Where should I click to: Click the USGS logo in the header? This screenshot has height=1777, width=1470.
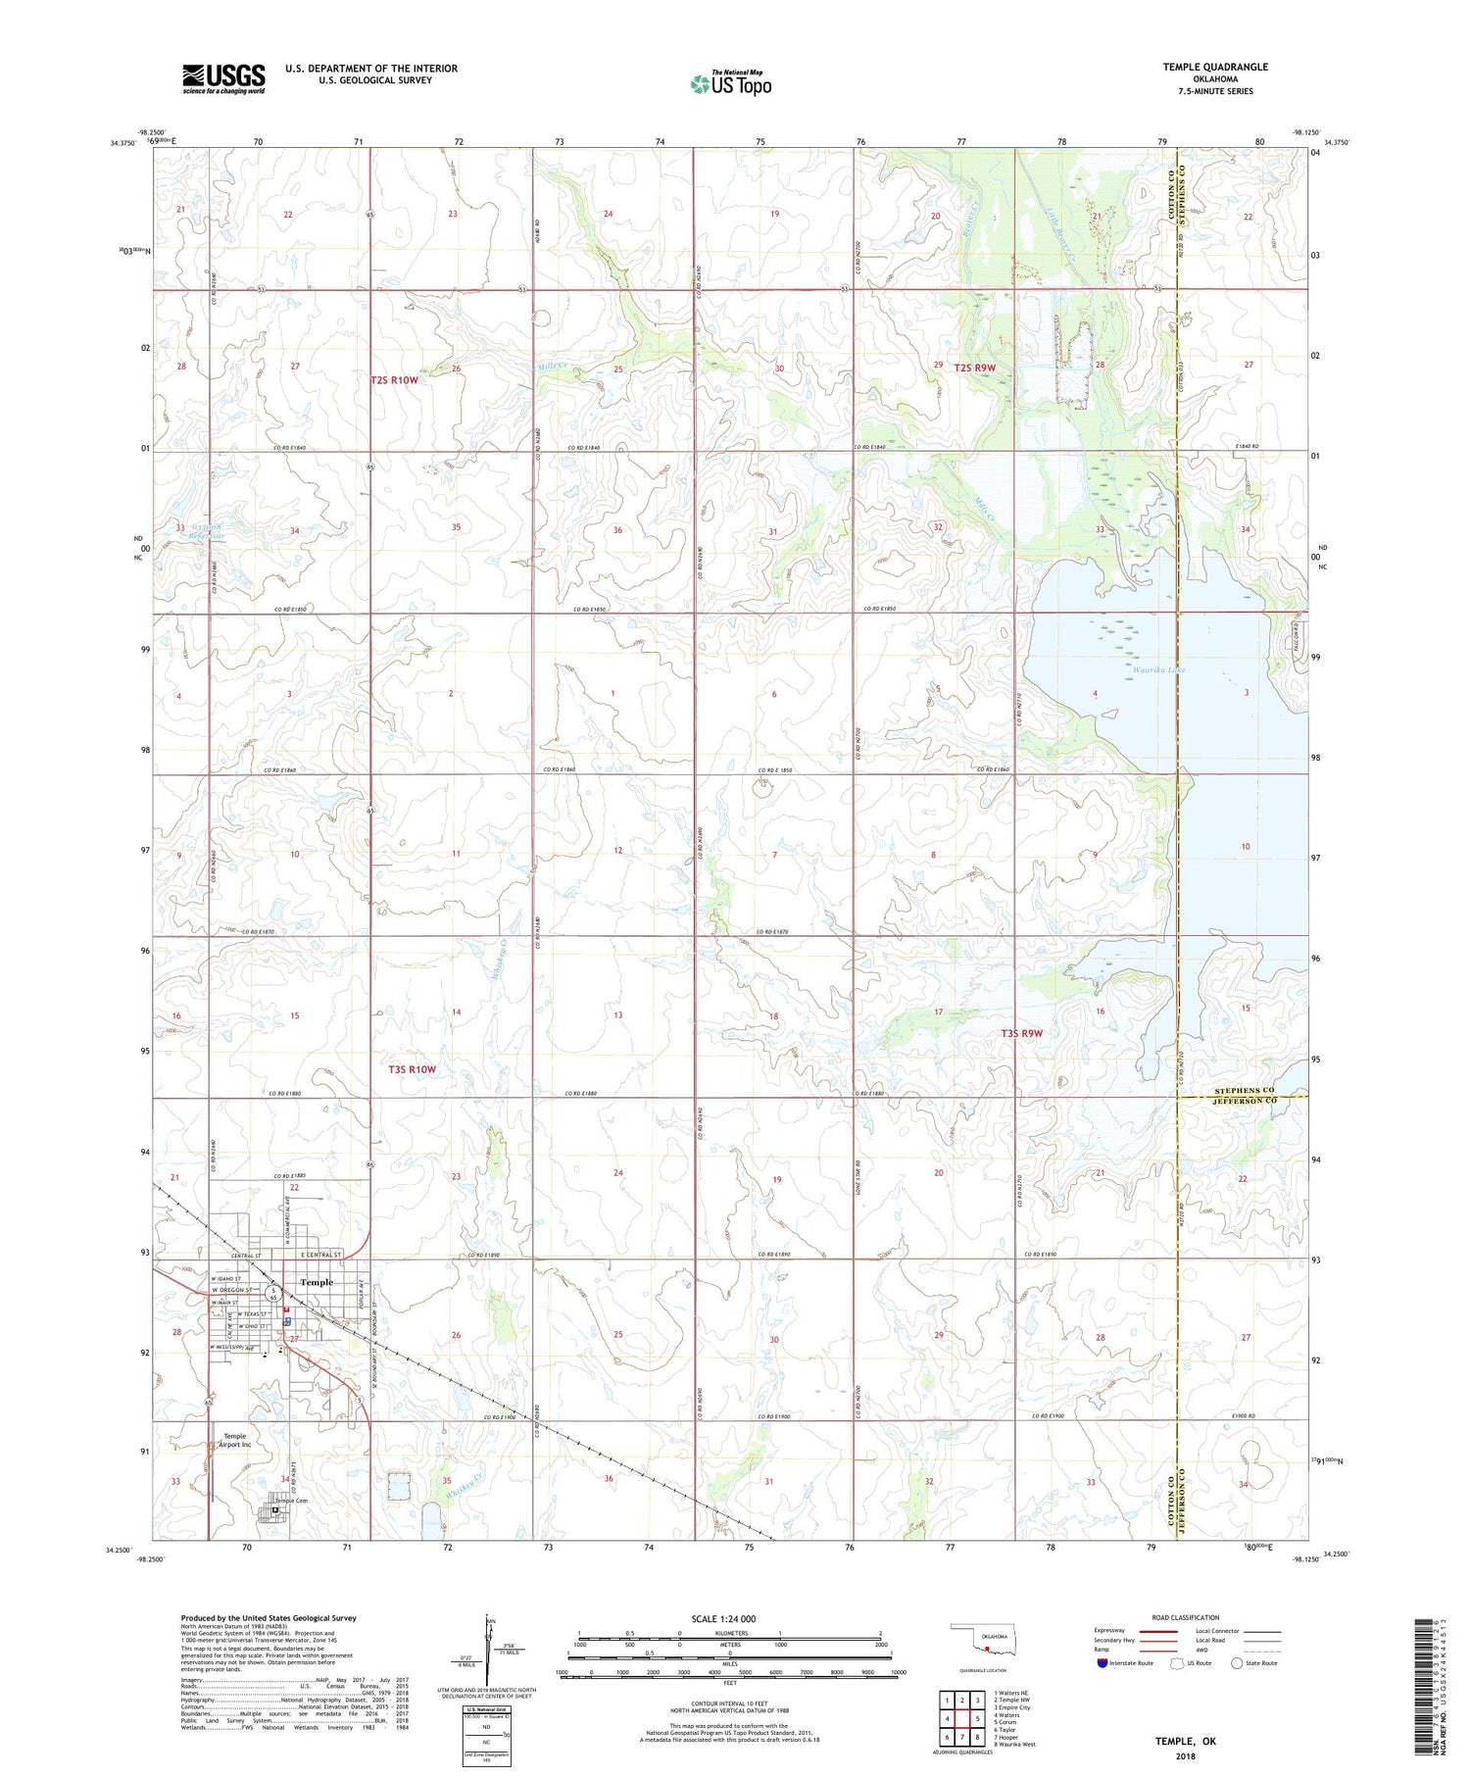[x=223, y=78]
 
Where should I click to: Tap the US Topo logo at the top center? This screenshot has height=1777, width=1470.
[x=731, y=83]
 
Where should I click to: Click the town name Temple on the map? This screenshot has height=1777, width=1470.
[x=316, y=1282]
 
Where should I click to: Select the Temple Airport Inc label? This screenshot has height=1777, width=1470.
[x=234, y=1440]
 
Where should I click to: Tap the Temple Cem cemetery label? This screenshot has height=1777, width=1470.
[x=291, y=1501]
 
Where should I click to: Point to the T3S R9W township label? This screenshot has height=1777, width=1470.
[x=1022, y=1033]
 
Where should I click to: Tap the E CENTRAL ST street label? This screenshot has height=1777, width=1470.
[x=320, y=1256]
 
